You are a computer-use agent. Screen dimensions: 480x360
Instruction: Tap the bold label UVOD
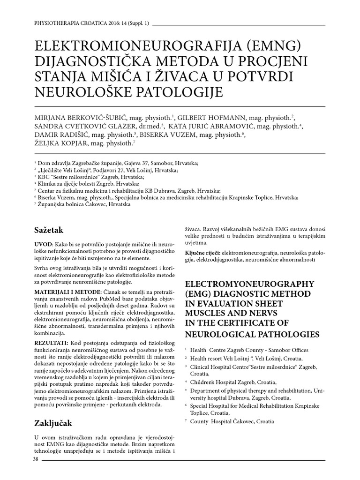tap(44, 245)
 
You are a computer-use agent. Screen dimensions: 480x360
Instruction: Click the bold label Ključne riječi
tap(203, 252)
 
